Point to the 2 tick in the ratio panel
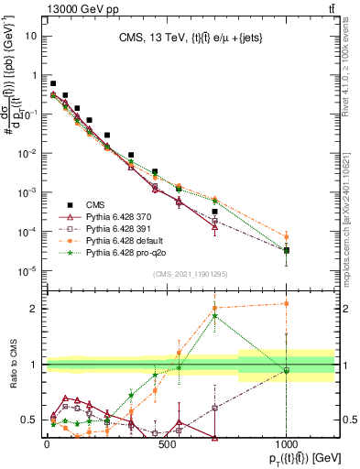33,309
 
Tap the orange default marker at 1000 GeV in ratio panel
287,303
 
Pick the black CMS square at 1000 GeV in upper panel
287,250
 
